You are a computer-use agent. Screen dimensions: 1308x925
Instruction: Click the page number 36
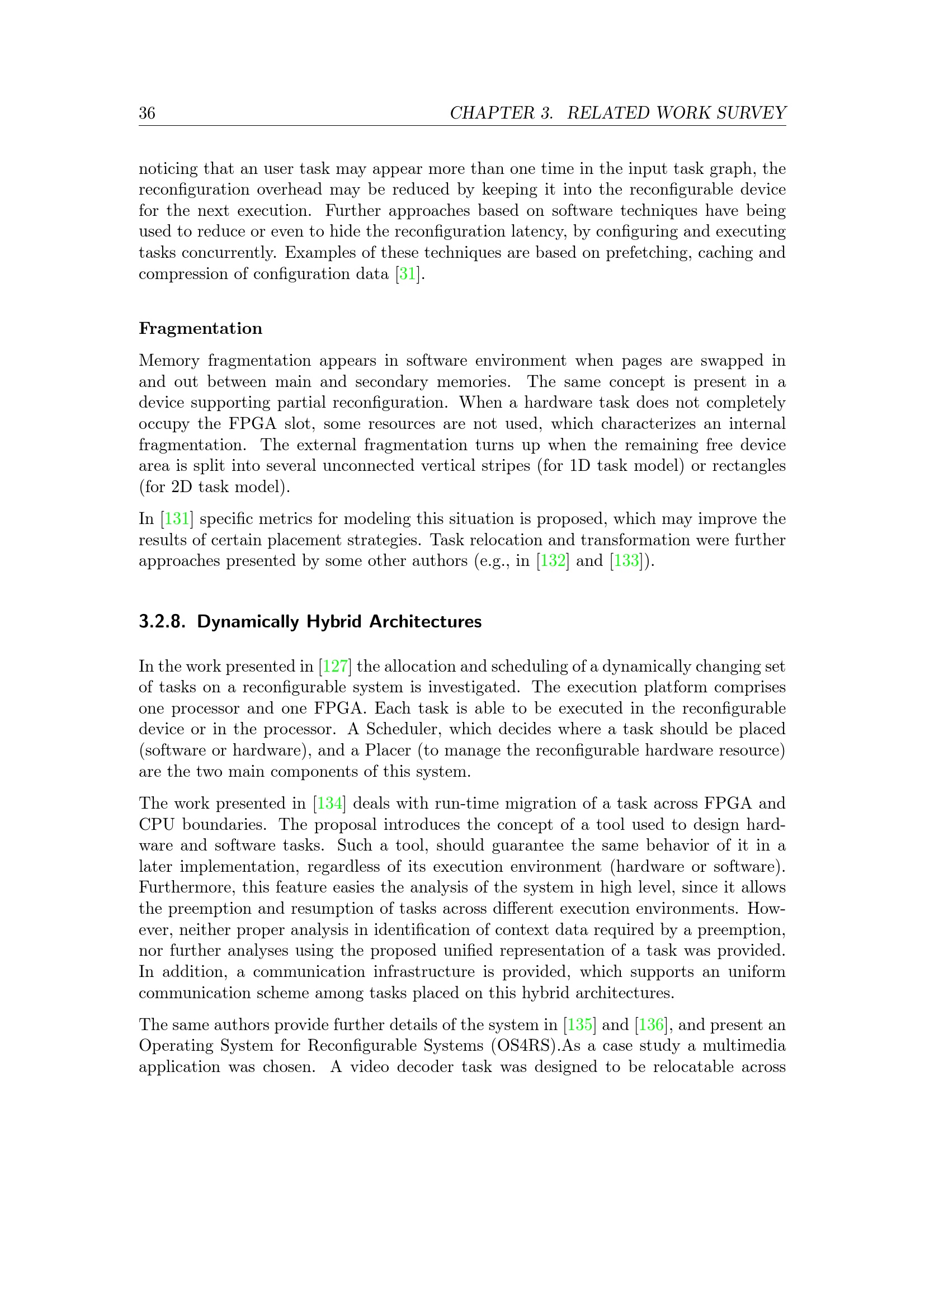tap(147, 113)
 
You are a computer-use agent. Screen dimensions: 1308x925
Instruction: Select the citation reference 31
tap(407, 274)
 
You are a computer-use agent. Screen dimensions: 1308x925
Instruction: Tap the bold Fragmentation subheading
tap(201, 328)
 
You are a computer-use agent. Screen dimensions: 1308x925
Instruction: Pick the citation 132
tap(553, 561)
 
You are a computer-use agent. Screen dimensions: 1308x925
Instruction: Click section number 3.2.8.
tap(162, 621)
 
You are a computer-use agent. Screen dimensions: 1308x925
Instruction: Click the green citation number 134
tap(329, 804)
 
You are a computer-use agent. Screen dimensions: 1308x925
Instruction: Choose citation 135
tap(580, 1025)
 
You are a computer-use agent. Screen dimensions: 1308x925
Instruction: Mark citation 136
tap(651, 1025)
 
